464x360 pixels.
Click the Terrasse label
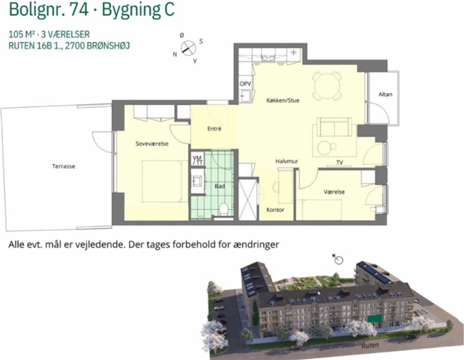pyautogui.click(x=64, y=166)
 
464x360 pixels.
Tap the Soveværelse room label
pyautogui.click(x=152, y=143)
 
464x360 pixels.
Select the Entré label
pyautogui.click(x=214, y=129)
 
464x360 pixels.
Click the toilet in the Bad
pyautogui.click(x=224, y=208)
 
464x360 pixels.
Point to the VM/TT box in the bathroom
pyautogui.click(x=197, y=160)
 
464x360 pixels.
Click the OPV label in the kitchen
pyautogui.click(x=245, y=84)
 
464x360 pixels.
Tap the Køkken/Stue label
pyautogui.click(x=283, y=100)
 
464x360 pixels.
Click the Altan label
pyautogui.click(x=385, y=94)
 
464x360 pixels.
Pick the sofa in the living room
pyautogui.click(x=334, y=127)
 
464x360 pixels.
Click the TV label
pyautogui.click(x=340, y=162)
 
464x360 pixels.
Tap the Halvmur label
pyautogui.click(x=286, y=161)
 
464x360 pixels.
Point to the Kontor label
pyautogui.click(x=275, y=210)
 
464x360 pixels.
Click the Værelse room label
pyautogui.click(x=334, y=192)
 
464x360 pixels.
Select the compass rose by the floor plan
pyautogui.click(x=188, y=48)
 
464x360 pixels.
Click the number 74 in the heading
pyautogui.click(x=79, y=10)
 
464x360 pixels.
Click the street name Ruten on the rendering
pyautogui.click(x=370, y=346)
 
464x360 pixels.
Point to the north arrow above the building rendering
pyautogui.click(x=338, y=259)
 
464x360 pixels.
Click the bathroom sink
pyautogui.click(x=197, y=180)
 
